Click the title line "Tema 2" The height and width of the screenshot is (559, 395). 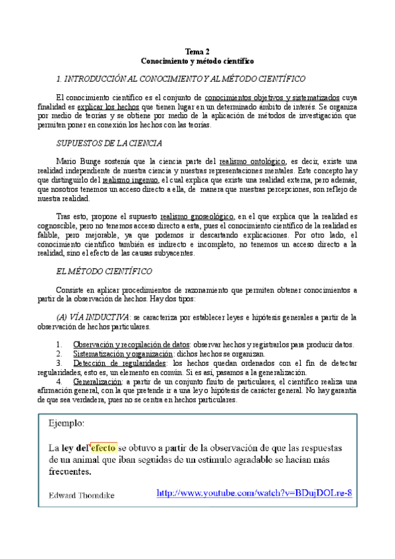click(197, 51)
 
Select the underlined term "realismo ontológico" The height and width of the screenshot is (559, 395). click(252, 161)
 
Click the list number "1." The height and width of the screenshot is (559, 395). click(60, 344)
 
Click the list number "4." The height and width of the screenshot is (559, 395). click(60, 381)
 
